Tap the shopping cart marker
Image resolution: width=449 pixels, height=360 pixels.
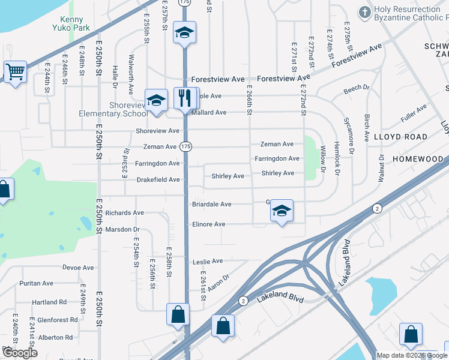point(15,72)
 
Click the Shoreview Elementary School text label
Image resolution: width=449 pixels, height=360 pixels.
point(113,109)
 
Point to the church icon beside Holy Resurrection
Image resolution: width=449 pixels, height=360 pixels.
point(364,12)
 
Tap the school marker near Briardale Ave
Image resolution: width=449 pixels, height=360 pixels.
point(282,211)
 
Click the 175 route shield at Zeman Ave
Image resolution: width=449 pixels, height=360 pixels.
point(185,147)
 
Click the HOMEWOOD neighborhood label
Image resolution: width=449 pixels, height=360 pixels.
point(417,159)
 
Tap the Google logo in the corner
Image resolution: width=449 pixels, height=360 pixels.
point(20,353)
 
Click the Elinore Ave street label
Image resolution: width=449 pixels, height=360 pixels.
point(208,224)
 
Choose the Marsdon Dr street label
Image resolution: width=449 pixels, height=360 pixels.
point(122,229)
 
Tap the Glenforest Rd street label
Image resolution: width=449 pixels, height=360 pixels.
point(57,320)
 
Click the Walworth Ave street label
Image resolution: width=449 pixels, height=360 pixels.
point(131,75)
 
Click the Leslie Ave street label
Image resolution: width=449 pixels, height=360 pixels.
point(208,262)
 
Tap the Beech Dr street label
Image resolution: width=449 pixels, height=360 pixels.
point(357,89)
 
